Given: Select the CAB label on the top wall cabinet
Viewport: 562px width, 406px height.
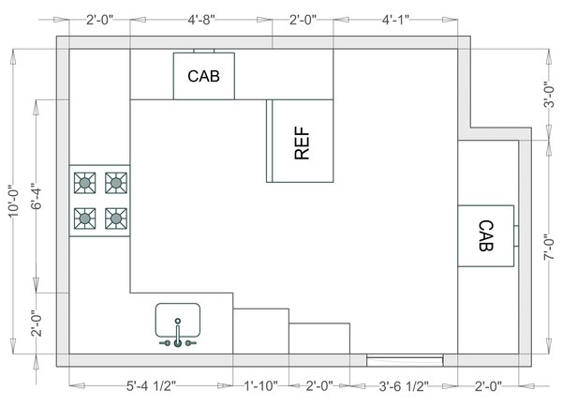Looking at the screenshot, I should tap(203, 76).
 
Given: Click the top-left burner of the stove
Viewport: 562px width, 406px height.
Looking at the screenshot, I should tap(85, 181).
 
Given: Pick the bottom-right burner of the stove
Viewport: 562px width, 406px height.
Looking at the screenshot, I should tap(116, 218).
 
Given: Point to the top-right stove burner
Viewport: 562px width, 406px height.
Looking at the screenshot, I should tap(116, 181).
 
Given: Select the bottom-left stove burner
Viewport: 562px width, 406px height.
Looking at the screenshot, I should tap(85, 218).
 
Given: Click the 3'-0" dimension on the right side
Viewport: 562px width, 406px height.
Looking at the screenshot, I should tap(550, 95).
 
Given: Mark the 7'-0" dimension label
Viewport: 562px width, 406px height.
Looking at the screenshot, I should tap(550, 248).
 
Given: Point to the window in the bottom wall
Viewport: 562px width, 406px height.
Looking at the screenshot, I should tap(405, 359).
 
